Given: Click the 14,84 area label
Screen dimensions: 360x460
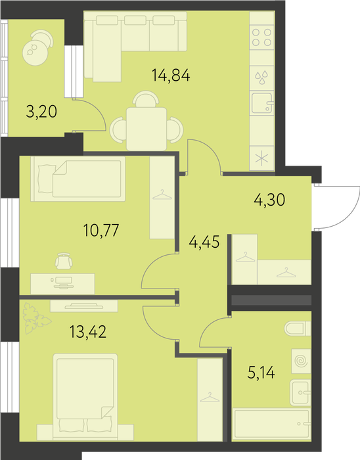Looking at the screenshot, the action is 171,75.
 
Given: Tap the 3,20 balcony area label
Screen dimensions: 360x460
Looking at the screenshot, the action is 41,112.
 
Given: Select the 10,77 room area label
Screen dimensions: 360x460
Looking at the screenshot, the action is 101,230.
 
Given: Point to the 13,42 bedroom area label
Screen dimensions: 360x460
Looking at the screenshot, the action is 88,331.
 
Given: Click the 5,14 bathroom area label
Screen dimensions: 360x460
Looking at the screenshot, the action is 261,373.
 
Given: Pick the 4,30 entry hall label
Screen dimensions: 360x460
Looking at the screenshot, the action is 269,200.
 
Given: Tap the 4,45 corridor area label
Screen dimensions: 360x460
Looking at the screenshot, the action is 204,242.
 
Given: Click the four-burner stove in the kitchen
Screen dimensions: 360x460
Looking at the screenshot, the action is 262,37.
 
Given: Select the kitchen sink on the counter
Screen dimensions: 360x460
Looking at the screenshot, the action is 262,103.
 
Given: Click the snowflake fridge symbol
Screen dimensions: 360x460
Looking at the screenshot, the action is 262,158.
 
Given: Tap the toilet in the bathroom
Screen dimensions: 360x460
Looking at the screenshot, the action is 298,329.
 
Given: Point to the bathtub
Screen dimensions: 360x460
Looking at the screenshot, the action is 272,424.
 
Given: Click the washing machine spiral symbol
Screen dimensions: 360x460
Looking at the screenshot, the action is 301,361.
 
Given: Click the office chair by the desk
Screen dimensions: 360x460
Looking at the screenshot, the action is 63,261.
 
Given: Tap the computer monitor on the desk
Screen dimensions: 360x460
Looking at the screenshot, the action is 62,283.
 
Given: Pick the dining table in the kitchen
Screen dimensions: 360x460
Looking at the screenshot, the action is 146,129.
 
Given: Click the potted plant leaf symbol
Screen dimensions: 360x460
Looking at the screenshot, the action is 35,318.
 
